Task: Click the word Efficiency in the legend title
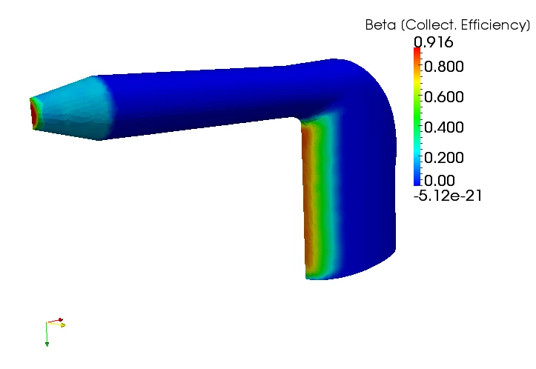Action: click(x=494, y=26)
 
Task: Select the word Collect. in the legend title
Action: click(x=431, y=25)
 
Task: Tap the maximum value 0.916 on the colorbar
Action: click(x=434, y=42)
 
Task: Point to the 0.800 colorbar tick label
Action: click(x=444, y=66)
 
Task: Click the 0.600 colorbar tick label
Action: click(x=444, y=96)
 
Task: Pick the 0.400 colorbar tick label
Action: click(x=444, y=127)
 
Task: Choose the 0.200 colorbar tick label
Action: click(x=444, y=158)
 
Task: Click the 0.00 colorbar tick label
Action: click(x=440, y=180)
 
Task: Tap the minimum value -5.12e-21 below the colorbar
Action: click(x=448, y=196)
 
